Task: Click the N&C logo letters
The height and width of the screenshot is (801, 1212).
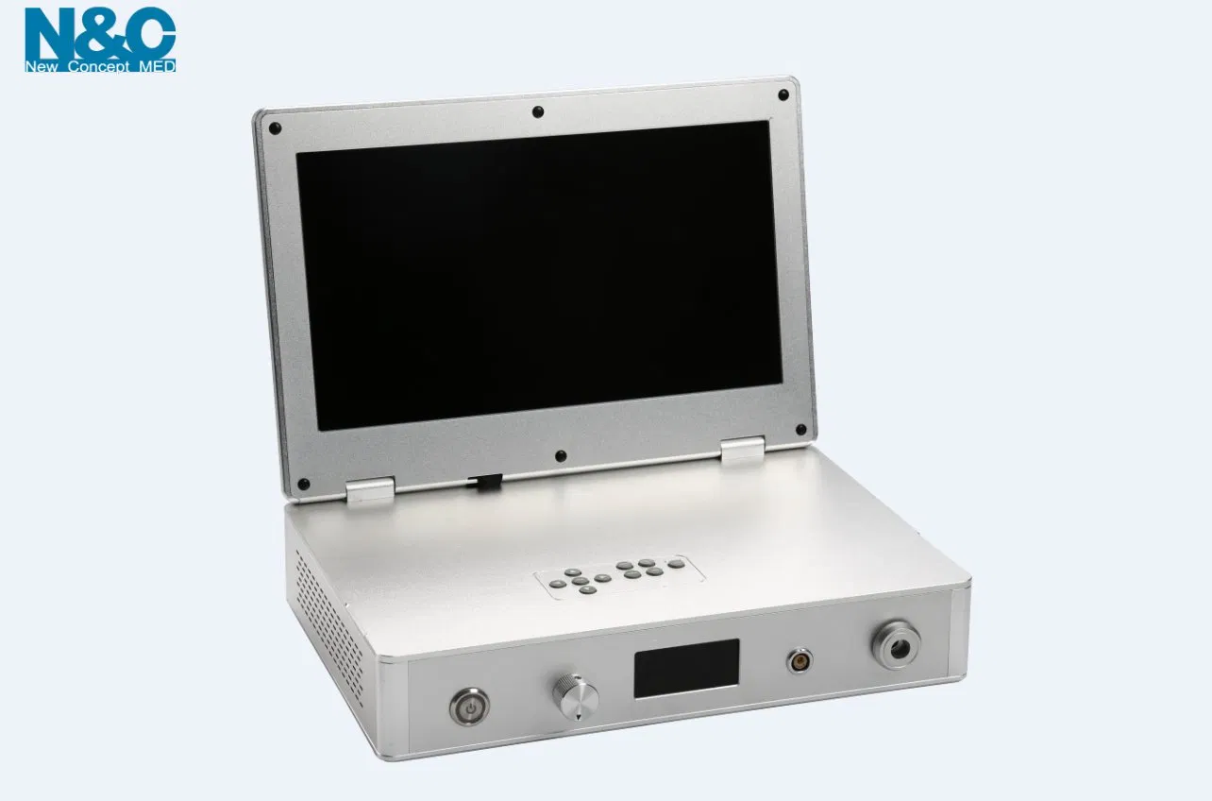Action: coord(99,34)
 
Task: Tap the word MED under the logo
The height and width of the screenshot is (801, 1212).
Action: coord(156,67)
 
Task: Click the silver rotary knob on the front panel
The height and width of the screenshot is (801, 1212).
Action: coord(576,697)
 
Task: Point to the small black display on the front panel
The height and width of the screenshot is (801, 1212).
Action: coord(686,668)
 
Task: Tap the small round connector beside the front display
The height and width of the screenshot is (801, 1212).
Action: coord(800,660)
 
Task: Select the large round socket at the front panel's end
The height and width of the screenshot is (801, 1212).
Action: coord(896,644)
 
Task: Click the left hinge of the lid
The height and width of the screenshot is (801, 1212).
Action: coord(369,489)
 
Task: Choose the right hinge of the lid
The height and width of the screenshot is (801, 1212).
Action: coord(742,449)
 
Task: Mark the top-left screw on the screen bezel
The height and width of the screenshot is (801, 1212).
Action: coord(275,128)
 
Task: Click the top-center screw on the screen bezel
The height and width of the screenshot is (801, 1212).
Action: coord(537,111)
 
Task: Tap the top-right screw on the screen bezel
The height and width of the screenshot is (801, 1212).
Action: coord(783,95)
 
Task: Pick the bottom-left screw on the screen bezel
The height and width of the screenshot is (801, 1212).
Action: coord(303,485)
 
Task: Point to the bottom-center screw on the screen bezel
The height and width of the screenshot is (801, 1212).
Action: coord(561,456)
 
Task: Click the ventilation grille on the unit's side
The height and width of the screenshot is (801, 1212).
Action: coord(329,614)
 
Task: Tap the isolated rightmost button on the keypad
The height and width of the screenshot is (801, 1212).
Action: coord(677,564)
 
